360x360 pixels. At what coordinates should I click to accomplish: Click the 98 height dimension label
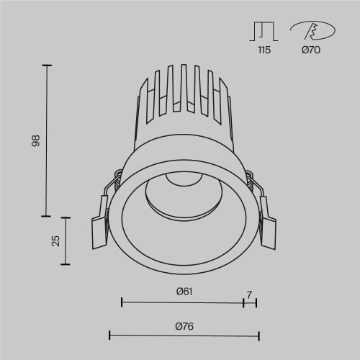coord(35,140)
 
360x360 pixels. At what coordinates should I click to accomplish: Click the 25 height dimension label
coord(55,240)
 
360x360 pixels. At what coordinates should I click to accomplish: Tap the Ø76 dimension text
coord(183,325)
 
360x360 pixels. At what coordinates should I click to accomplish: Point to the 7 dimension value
coord(249,294)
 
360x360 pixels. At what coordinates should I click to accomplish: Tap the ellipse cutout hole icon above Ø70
coord(312,31)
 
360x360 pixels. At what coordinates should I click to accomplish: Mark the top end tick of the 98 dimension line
coord(48,66)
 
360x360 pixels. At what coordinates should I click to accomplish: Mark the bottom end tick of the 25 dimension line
coord(67,264)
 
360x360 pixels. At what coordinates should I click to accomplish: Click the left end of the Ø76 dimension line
coord(109,335)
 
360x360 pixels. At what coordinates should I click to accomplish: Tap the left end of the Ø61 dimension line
coord(121,302)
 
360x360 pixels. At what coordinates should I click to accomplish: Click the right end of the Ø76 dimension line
coord(258,335)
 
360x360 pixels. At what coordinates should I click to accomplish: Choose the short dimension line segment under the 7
coord(250,302)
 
